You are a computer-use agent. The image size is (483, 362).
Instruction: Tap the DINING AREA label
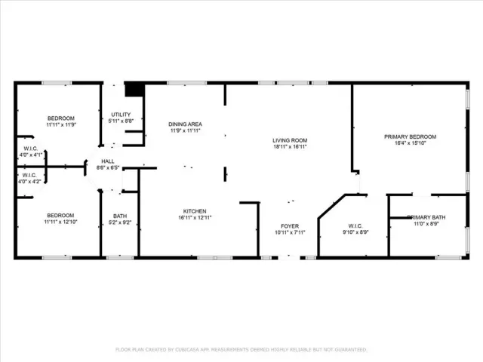[185, 124]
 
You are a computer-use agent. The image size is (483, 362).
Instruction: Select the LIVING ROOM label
[290, 140]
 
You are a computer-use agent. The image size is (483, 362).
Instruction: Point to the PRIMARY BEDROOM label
[410, 137]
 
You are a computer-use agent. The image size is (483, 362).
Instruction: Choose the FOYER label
[290, 225]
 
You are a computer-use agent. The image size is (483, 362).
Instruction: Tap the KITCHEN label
[195, 210]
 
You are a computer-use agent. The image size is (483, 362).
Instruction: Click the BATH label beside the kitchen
[120, 216]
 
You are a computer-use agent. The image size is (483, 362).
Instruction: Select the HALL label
[108, 161]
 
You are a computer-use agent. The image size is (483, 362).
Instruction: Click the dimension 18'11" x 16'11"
[290, 146]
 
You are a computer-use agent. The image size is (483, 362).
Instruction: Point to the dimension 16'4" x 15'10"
[410, 143]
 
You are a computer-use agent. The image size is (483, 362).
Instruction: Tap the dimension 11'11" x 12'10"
[61, 222]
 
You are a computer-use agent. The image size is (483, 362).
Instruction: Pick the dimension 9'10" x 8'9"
[356, 232]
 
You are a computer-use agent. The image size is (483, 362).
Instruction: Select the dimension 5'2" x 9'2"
[120, 222]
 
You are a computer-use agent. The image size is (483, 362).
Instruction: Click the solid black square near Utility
[134, 90]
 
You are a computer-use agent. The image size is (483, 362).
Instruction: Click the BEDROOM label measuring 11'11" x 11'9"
[61, 118]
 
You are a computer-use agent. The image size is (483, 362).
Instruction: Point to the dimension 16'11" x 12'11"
[195, 217]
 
